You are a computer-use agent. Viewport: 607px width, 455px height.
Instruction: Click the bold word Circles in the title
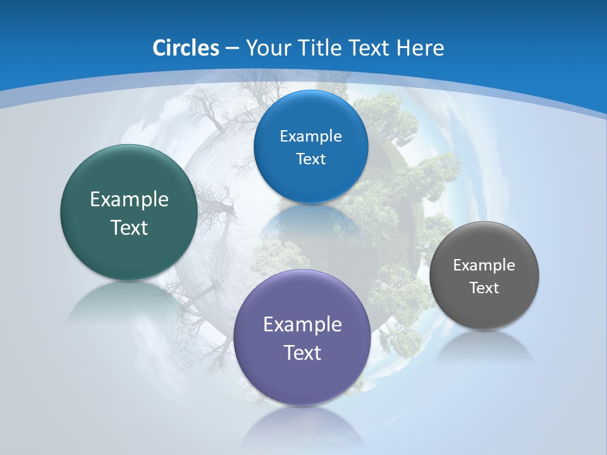click(x=185, y=48)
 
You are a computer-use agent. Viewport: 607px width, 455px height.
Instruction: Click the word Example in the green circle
click(x=129, y=200)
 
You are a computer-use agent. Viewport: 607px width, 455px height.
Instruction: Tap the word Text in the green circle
click(x=129, y=227)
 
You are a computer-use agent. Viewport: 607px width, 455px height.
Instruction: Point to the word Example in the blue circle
click(x=310, y=136)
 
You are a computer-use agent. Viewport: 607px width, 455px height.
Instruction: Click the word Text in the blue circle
click(x=310, y=159)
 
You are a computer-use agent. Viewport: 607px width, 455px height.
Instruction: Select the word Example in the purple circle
click(x=302, y=325)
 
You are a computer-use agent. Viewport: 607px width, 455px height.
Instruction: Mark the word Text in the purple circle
click(x=302, y=353)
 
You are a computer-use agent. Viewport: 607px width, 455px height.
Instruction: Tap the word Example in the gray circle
click(x=484, y=265)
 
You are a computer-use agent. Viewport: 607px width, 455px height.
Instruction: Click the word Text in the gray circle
click(x=484, y=288)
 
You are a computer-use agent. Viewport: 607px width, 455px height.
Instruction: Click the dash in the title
click(x=231, y=48)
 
